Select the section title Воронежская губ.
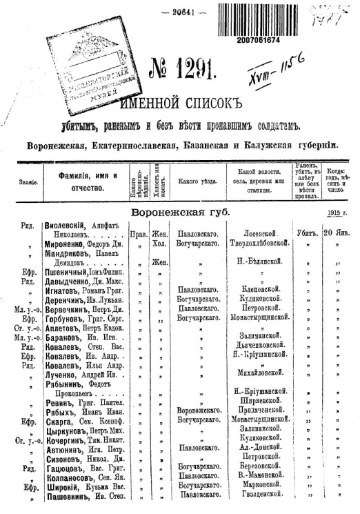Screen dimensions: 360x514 pyautogui.click(x=181, y=212)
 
